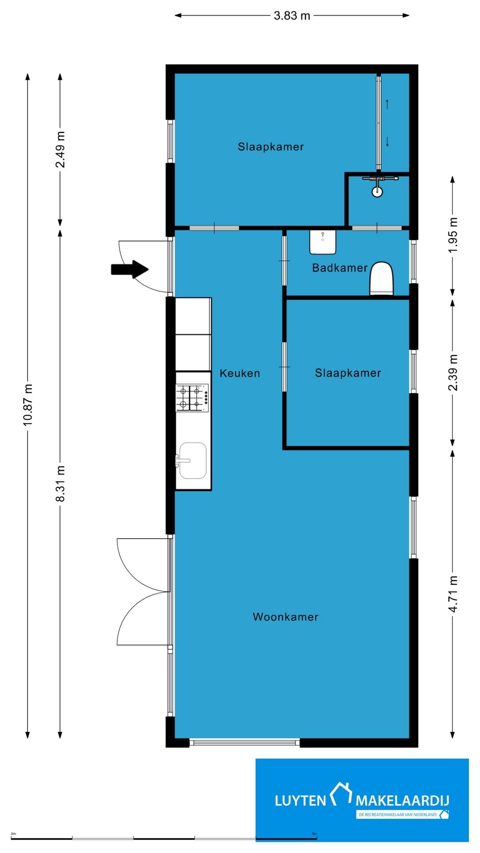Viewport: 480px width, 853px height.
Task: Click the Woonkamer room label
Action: (x=285, y=617)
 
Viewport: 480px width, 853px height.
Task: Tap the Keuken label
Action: (x=240, y=373)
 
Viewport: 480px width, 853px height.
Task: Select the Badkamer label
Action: (x=340, y=268)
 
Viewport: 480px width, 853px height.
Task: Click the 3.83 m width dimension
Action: (x=292, y=16)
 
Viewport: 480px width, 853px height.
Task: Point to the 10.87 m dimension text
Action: (x=28, y=405)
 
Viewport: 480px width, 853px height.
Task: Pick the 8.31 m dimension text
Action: (x=60, y=484)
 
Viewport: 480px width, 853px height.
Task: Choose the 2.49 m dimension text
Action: (x=60, y=150)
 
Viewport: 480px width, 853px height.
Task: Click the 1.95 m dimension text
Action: (x=452, y=235)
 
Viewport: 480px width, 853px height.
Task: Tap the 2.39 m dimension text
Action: (x=452, y=373)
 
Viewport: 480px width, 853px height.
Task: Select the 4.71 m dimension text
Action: (x=452, y=594)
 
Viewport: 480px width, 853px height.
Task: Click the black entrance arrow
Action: (x=129, y=269)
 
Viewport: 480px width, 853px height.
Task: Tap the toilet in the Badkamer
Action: (x=382, y=279)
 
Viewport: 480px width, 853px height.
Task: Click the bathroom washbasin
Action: (x=323, y=242)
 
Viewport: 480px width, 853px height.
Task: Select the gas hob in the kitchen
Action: (x=192, y=398)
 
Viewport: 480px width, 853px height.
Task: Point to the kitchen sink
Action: (x=192, y=461)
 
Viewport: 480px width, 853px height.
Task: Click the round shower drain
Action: (x=377, y=192)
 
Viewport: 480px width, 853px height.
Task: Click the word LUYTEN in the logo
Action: (x=300, y=801)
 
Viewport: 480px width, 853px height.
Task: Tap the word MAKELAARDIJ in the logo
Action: (x=402, y=801)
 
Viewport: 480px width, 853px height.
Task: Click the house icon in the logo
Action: (x=341, y=794)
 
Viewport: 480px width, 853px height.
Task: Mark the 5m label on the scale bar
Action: (x=314, y=834)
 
